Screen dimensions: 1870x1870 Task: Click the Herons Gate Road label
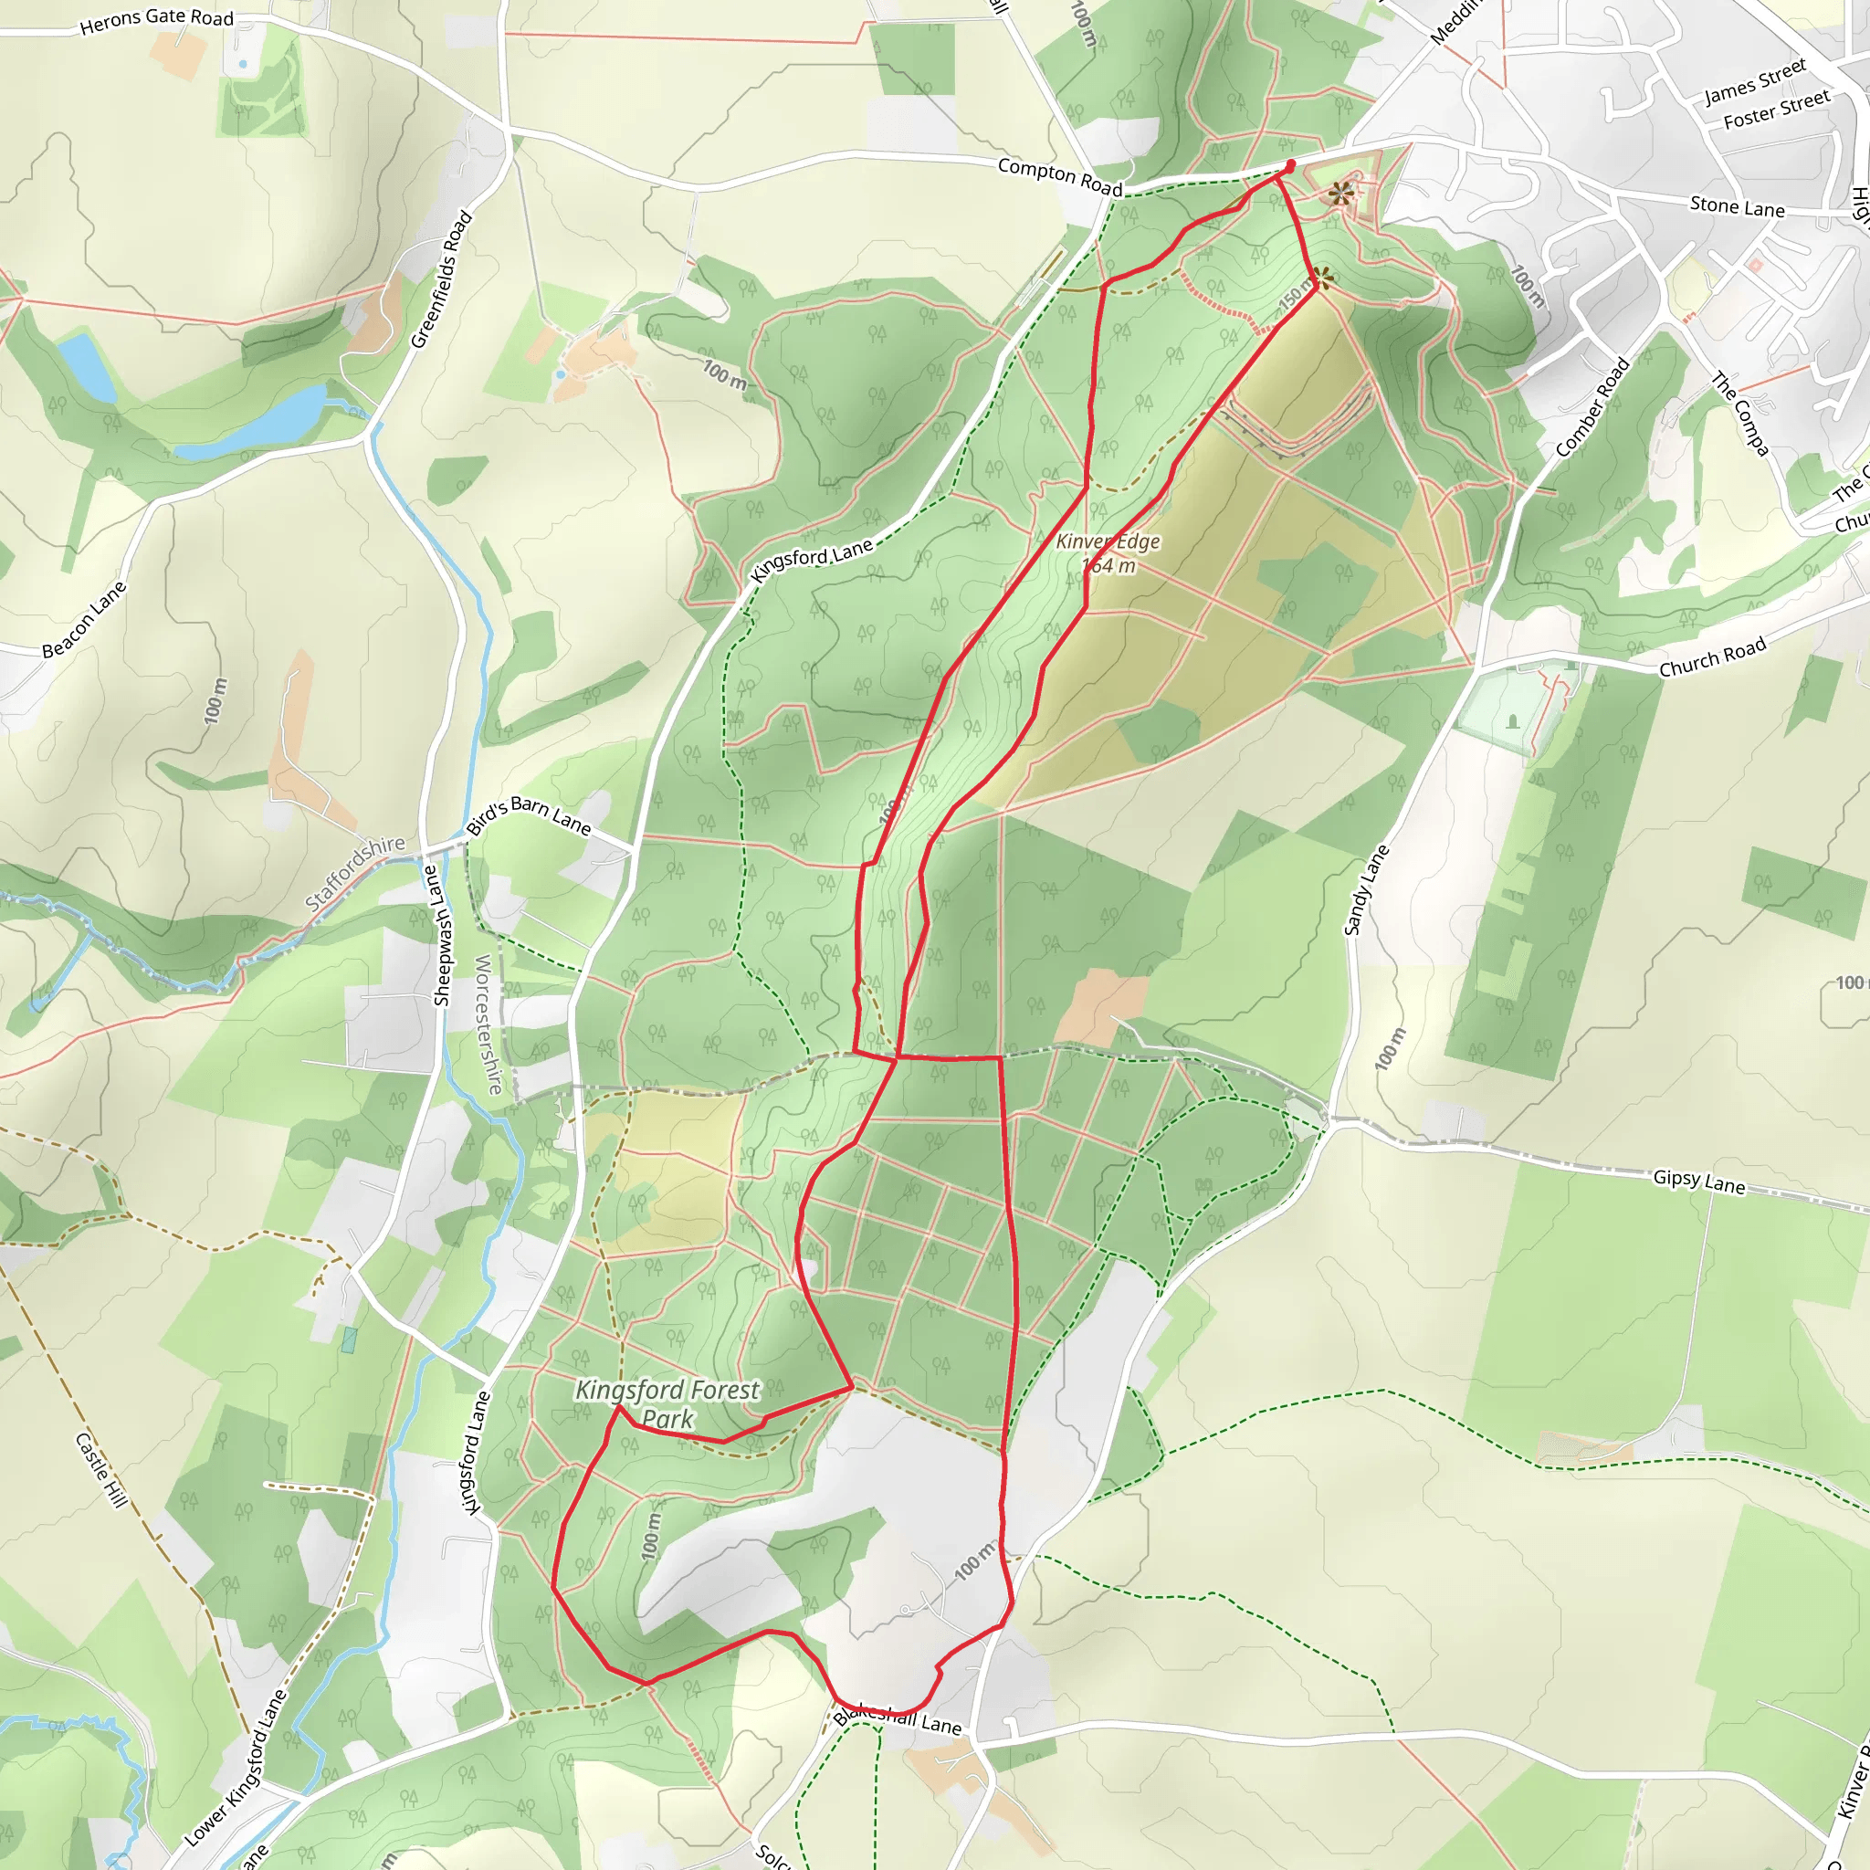pyautogui.click(x=157, y=19)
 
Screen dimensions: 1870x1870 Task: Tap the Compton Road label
pyautogui.click(x=1059, y=177)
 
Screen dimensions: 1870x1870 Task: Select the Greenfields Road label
pyautogui.click(x=441, y=279)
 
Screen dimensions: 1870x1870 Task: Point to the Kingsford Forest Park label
pyautogui.click(x=667, y=1403)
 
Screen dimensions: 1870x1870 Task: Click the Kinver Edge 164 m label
pyautogui.click(x=1108, y=553)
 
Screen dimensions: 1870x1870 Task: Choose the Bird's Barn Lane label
pyautogui.click(x=529, y=815)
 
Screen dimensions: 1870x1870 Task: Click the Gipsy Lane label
pyautogui.click(x=1698, y=1181)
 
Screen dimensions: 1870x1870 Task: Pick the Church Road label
pyautogui.click(x=1712, y=657)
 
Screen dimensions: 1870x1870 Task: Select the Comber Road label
pyautogui.click(x=1592, y=407)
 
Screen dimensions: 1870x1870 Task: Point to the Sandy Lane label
pyautogui.click(x=1366, y=890)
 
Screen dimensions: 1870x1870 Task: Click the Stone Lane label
pyautogui.click(x=1737, y=206)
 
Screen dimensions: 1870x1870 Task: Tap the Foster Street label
pyautogui.click(x=1776, y=110)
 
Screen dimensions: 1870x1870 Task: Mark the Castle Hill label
pyautogui.click(x=100, y=1469)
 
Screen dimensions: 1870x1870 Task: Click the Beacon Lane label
pyautogui.click(x=84, y=619)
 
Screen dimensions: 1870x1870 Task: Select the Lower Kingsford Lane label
pyautogui.click(x=236, y=1768)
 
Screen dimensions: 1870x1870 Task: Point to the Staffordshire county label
pyautogui.click(x=354, y=872)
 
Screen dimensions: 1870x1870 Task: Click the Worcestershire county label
pyautogui.click(x=489, y=1024)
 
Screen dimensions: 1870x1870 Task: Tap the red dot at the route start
pyautogui.click(x=1289, y=165)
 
